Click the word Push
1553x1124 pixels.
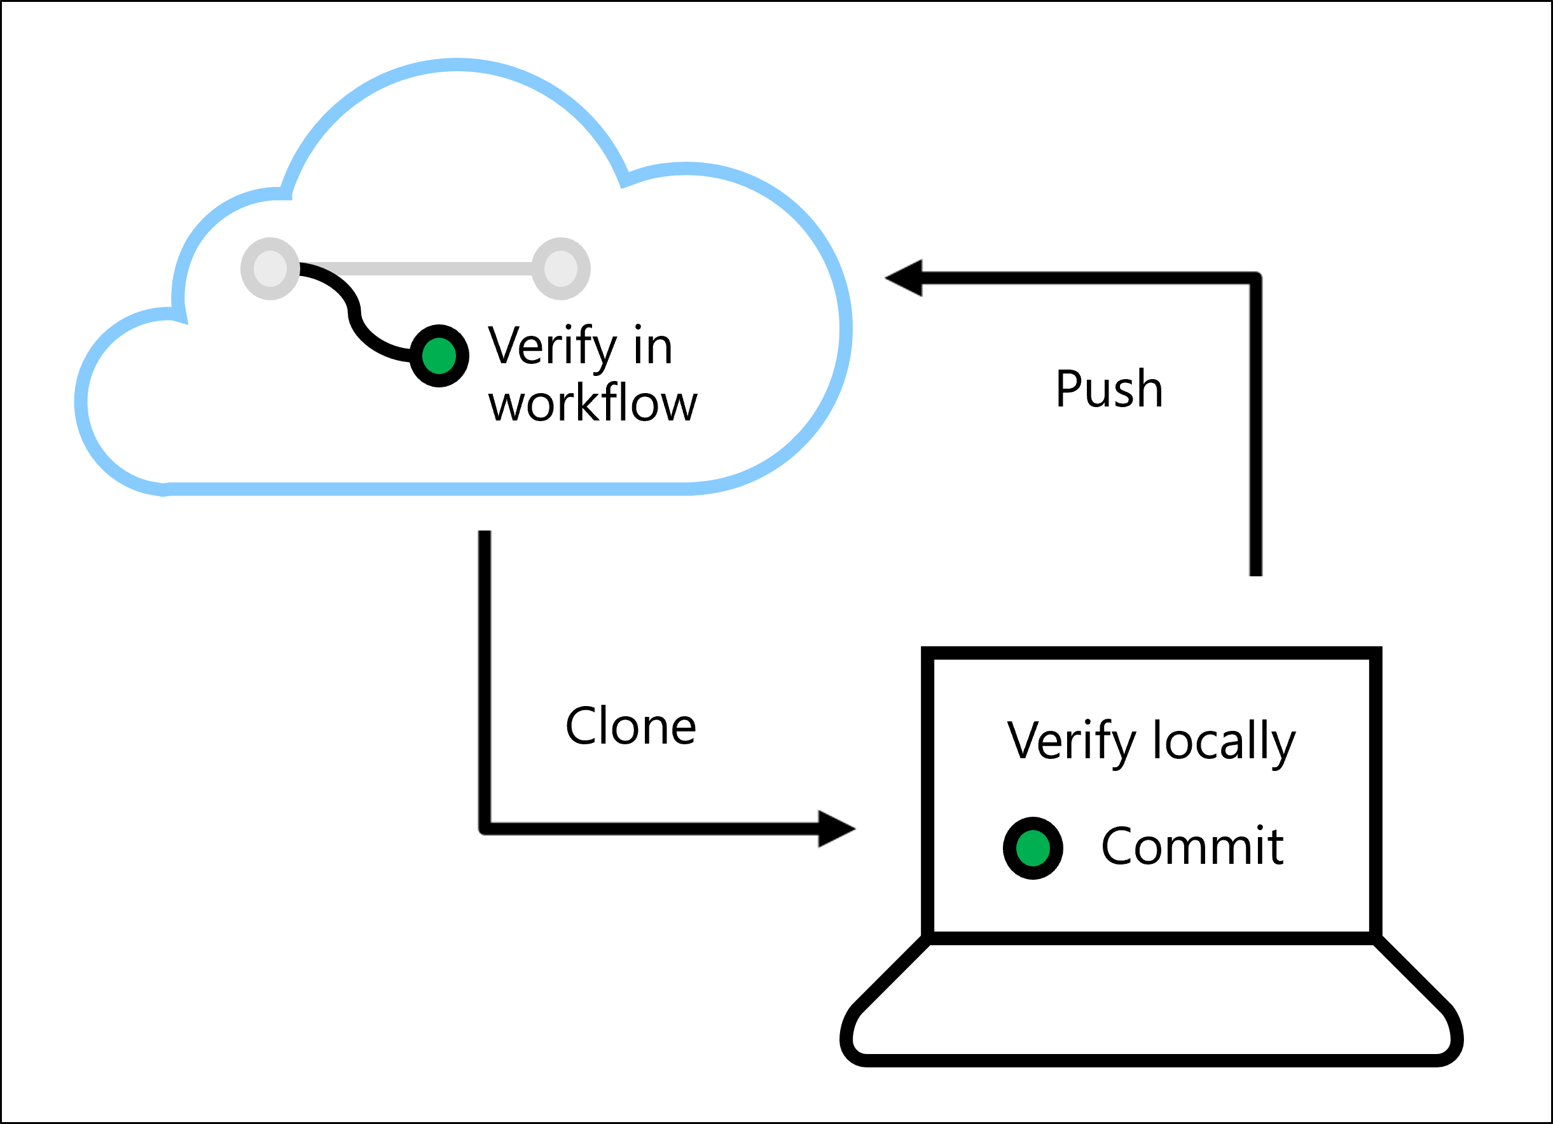1108,389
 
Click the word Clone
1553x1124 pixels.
630,726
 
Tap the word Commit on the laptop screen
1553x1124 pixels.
1191,847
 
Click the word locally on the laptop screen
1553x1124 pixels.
1224,742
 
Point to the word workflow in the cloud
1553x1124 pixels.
592,403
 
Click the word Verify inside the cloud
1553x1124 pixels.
553,347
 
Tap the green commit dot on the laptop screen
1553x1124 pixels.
1033,848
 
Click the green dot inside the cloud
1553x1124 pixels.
439,356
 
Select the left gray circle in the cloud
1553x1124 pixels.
270,268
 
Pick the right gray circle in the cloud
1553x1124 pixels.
561,268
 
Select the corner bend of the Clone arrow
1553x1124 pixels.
485,829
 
